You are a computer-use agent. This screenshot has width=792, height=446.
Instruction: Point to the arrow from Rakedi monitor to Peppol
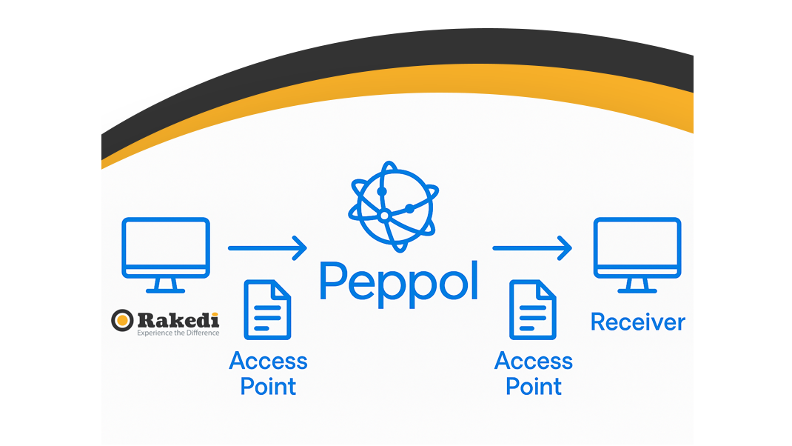(266, 248)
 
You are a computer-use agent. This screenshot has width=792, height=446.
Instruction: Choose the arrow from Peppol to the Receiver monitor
(532, 248)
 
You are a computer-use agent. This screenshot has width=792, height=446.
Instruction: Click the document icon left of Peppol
(267, 310)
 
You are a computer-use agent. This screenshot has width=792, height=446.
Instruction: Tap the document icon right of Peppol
(532, 310)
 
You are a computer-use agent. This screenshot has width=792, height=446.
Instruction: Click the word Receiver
(637, 322)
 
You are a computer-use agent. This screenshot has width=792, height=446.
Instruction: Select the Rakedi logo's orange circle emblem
(122, 320)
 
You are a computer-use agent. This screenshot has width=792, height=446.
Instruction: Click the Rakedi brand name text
(178, 319)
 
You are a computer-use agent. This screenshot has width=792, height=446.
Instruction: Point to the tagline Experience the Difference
(178, 333)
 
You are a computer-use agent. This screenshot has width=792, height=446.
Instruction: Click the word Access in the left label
(268, 361)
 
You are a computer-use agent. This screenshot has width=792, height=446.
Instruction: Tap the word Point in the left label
(268, 386)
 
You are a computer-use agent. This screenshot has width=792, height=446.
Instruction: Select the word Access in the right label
(533, 361)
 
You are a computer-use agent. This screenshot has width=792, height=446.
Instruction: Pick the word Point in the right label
(533, 386)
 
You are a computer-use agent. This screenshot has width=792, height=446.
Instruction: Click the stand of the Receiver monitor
(637, 287)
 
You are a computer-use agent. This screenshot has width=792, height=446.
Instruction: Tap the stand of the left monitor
(166, 287)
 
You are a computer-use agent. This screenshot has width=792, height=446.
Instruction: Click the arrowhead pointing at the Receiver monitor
(565, 248)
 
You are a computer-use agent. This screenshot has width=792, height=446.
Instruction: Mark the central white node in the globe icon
(384, 215)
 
